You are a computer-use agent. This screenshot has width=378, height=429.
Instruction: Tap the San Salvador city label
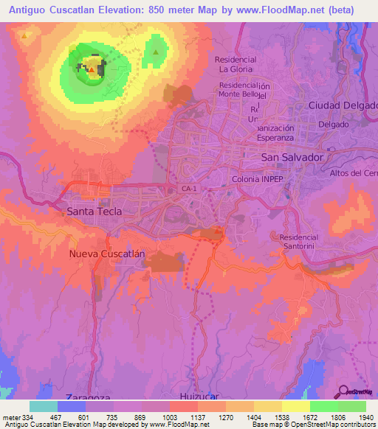tap(293, 158)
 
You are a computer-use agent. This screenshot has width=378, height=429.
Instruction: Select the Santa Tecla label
tap(94, 212)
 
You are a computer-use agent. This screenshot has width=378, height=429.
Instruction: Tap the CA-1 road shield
tap(189, 189)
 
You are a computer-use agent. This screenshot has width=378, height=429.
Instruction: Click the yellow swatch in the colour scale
tap(295, 406)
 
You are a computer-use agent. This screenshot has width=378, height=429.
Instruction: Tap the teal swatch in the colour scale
tap(43, 406)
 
